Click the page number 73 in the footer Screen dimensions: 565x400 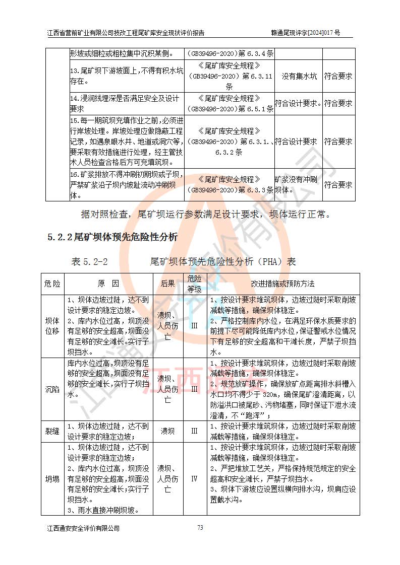click(x=200, y=528)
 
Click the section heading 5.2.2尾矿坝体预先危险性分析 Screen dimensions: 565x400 click(x=112, y=237)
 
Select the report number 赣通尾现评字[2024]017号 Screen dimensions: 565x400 click(x=305, y=33)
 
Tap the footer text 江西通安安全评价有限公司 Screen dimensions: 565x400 click(x=83, y=528)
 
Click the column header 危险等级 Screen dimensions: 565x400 click(x=194, y=284)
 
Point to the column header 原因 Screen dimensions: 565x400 click(x=108, y=284)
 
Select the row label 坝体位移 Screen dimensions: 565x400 click(x=52, y=326)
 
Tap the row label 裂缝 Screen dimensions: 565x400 click(x=52, y=431)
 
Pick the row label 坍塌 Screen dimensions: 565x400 click(x=52, y=478)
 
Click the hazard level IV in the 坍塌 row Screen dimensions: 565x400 click(x=194, y=478)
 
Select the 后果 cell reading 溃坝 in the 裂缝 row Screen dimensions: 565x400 click(x=167, y=431)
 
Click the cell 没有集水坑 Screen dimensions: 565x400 click(x=299, y=77)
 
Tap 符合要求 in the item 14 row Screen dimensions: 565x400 click(x=338, y=103)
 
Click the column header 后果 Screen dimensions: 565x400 click(x=167, y=284)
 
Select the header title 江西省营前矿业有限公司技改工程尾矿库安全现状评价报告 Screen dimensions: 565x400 click(x=126, y=33)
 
